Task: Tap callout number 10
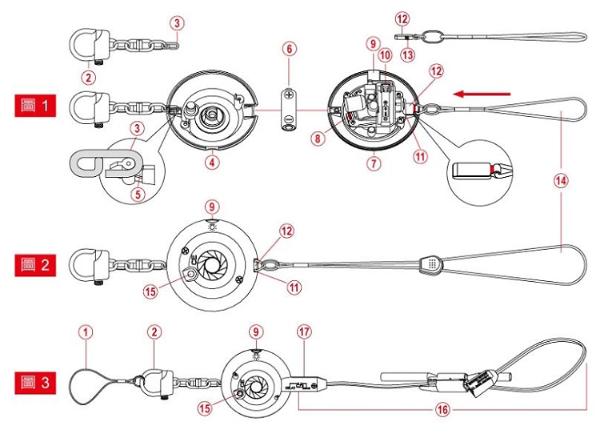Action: (386, 54)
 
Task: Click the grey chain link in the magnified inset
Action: (90, 163)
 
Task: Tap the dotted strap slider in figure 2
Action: (433, 262)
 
